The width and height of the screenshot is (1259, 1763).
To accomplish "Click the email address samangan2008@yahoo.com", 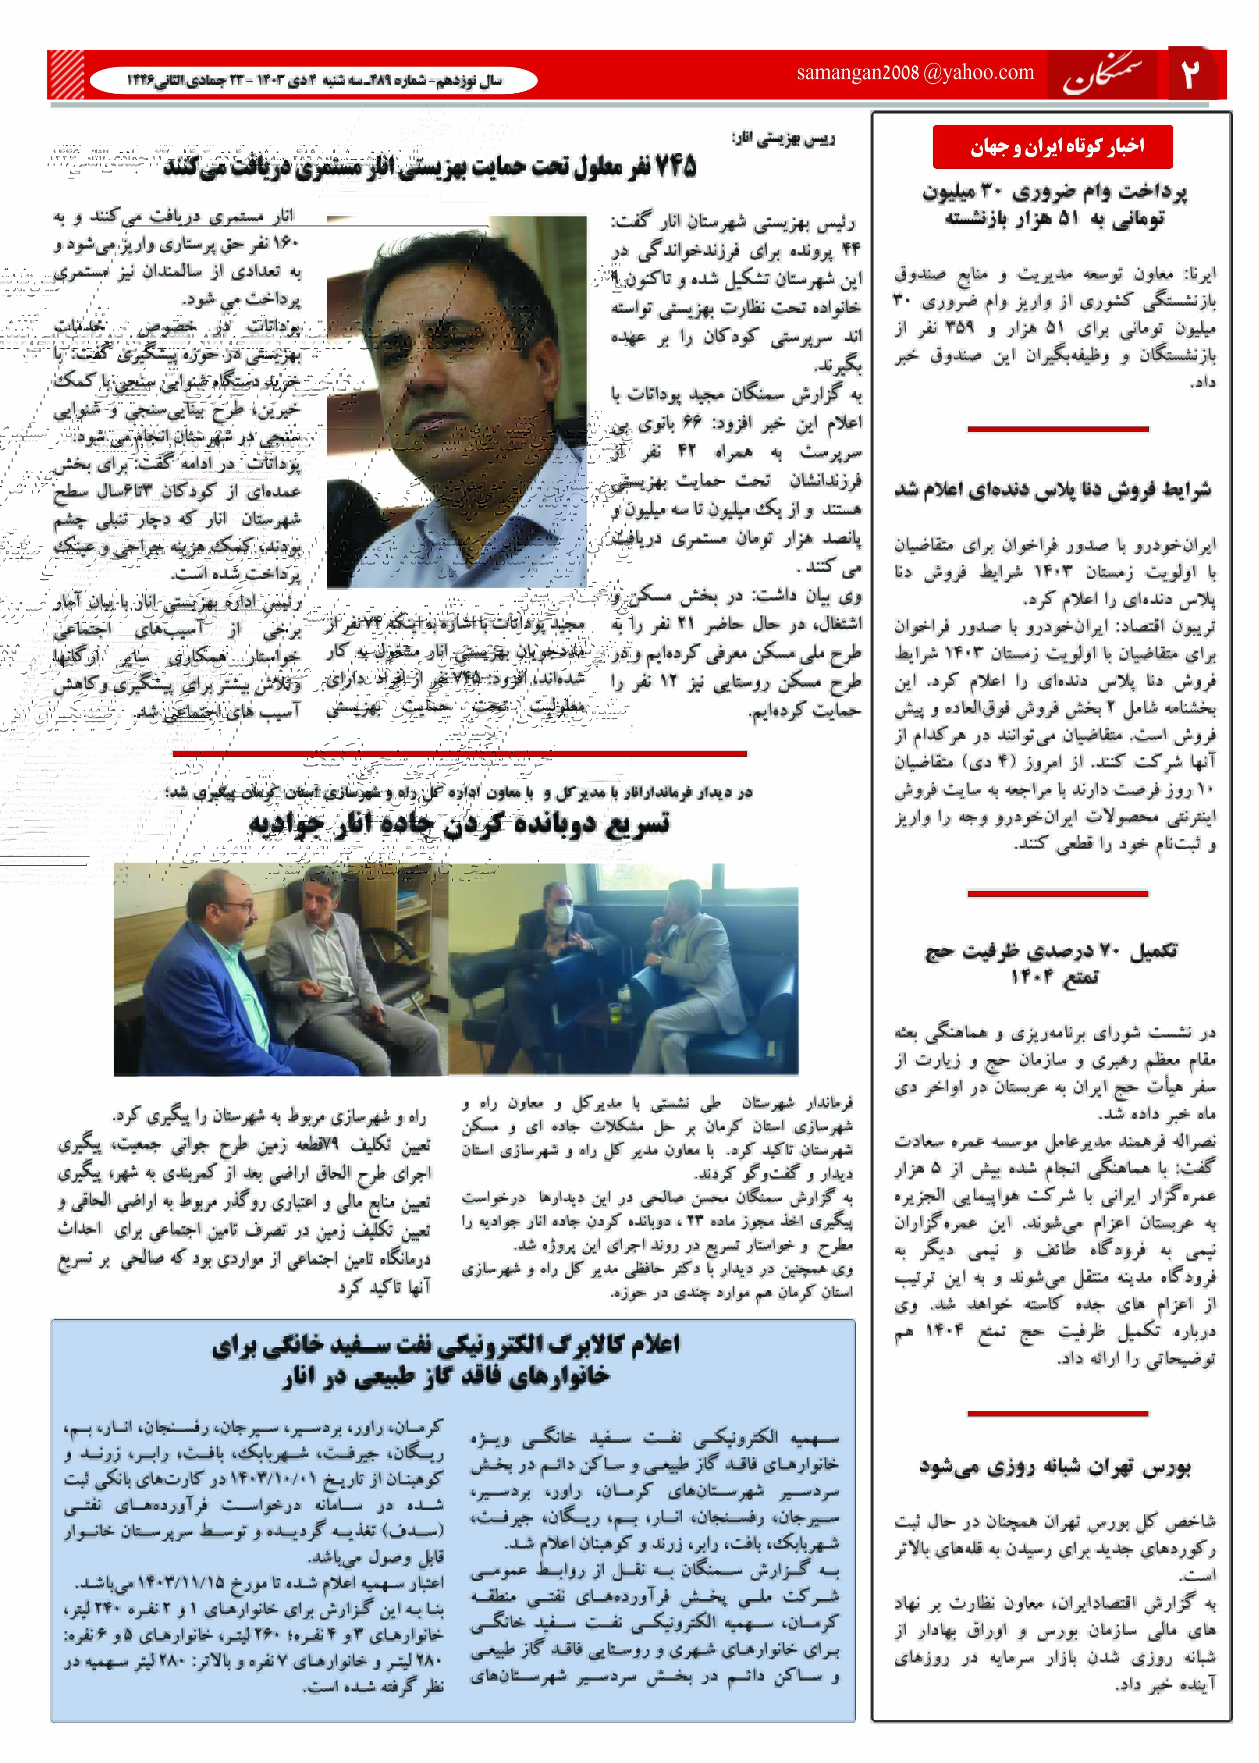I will [915, 73].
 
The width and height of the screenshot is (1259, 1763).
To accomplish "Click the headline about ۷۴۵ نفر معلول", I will [430, 167].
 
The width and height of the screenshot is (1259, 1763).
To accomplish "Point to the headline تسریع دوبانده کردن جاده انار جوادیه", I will [459, 824].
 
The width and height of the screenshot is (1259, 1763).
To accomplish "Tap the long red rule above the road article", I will [459, 753].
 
